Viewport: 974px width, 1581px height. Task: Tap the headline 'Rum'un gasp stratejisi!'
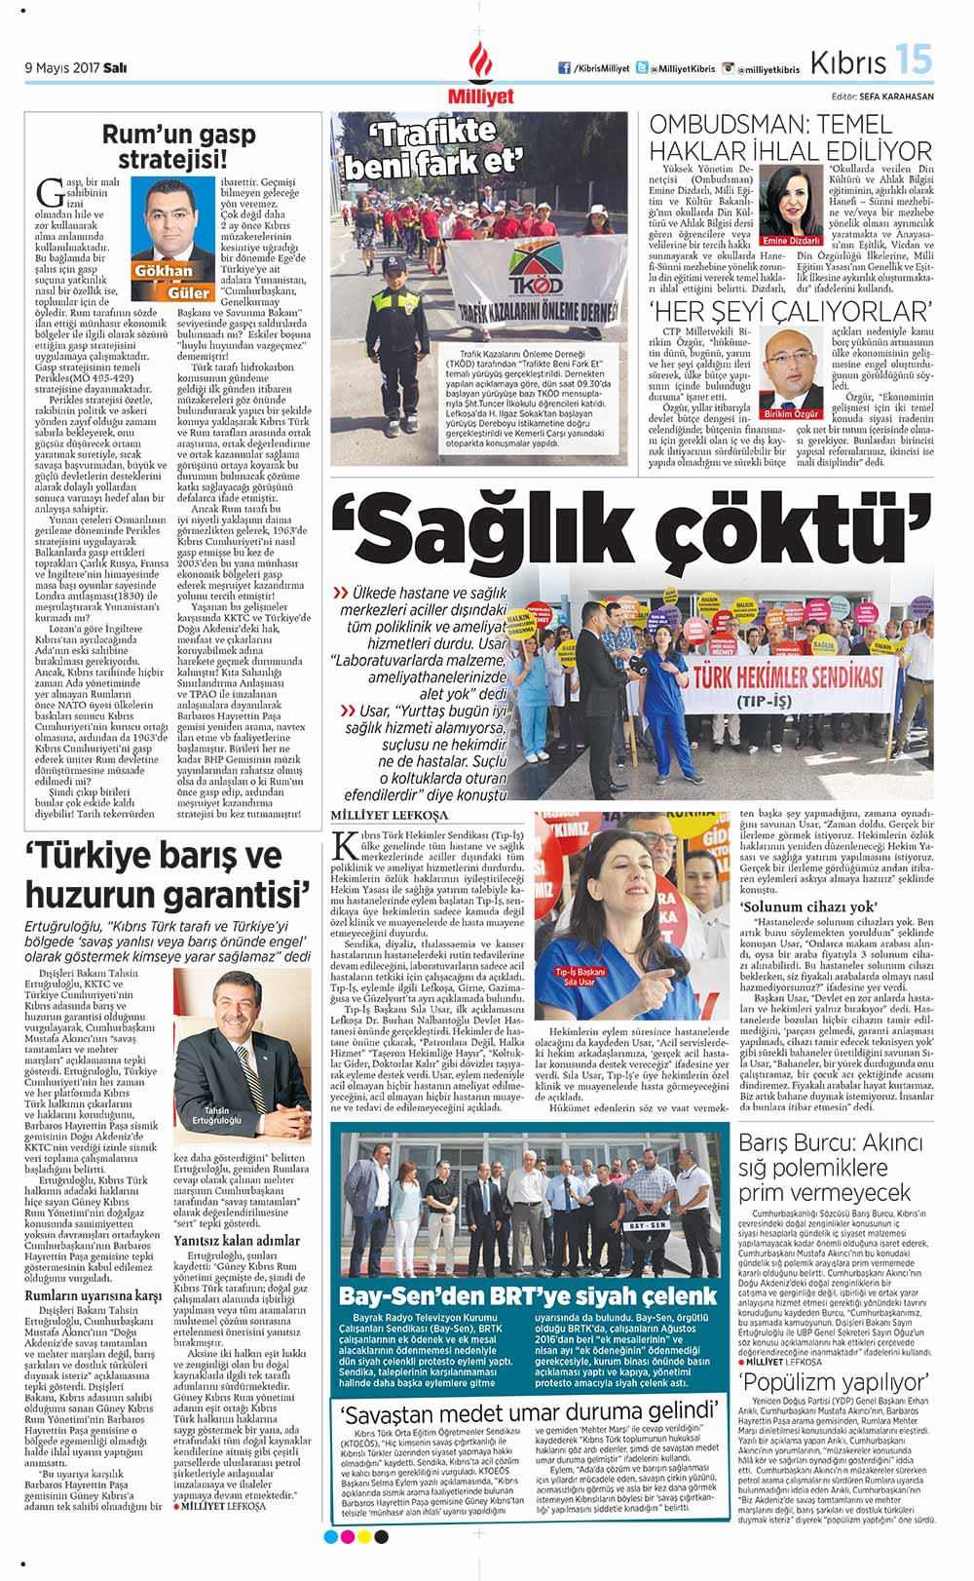178,146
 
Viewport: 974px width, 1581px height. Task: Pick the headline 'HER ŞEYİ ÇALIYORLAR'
790,312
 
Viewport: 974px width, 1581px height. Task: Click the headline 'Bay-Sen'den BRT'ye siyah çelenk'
527,1295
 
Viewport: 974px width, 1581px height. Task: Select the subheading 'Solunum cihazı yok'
795,906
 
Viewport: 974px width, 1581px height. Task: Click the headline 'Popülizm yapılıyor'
834,1382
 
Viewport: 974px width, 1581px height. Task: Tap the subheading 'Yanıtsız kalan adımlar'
237,1240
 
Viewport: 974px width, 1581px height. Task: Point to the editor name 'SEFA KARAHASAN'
896,96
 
